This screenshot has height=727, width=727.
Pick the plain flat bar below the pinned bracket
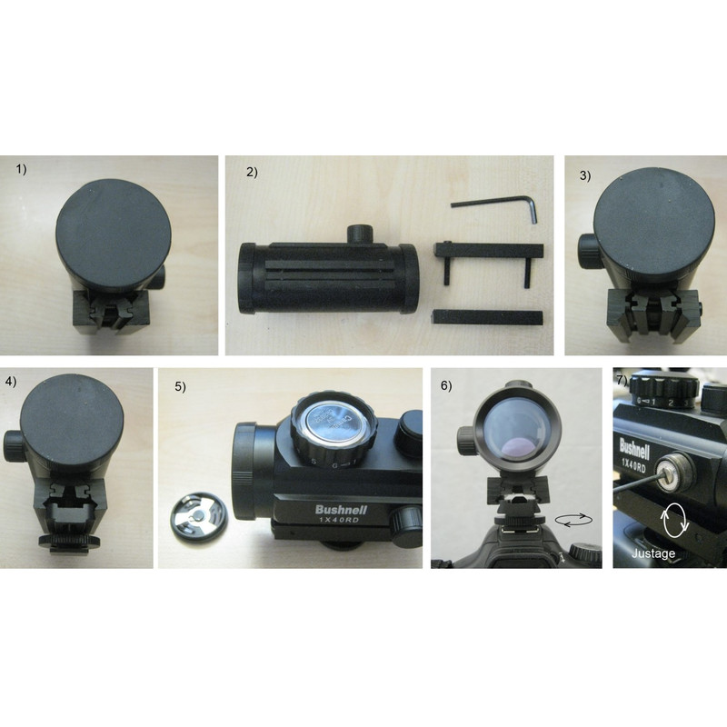pyautogui.click(x=488, y=315)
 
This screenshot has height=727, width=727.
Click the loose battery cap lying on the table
pyautogui.click(x=201, y=514)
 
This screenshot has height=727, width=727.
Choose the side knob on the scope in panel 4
pyautogui.click(x=15, y=444)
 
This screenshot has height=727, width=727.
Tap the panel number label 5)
pyautogui.click(x=180, y=385)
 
